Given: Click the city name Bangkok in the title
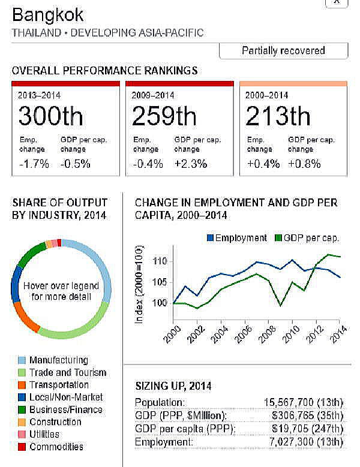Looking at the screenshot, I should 48,15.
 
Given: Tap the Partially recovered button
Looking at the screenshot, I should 283,51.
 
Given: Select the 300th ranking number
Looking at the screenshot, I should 51,116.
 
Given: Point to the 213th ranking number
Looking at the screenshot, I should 278,116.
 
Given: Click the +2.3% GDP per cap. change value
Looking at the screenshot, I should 190,163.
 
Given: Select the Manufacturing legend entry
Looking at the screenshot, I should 58,360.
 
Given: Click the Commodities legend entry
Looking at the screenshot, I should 56,447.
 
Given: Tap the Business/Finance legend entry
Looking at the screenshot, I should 65,410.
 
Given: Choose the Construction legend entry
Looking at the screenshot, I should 55,422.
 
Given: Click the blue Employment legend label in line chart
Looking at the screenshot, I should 241,238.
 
